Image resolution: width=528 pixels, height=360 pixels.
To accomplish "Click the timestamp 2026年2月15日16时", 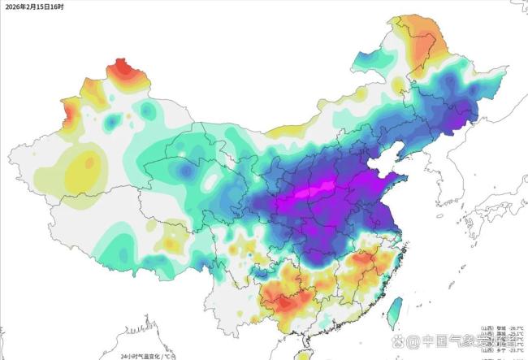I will (35, 7).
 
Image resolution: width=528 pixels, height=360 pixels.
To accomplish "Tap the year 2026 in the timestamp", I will (14, 7).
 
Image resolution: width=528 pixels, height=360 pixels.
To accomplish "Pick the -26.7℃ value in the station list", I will (515, 329).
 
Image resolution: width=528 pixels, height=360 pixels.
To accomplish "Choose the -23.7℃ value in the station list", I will (515, 351).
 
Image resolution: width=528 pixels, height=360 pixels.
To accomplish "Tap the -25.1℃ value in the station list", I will (515, 334).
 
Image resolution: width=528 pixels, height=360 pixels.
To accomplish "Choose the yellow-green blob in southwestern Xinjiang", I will (81, 171).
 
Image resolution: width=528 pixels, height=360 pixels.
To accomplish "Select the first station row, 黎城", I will (500, 329).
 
